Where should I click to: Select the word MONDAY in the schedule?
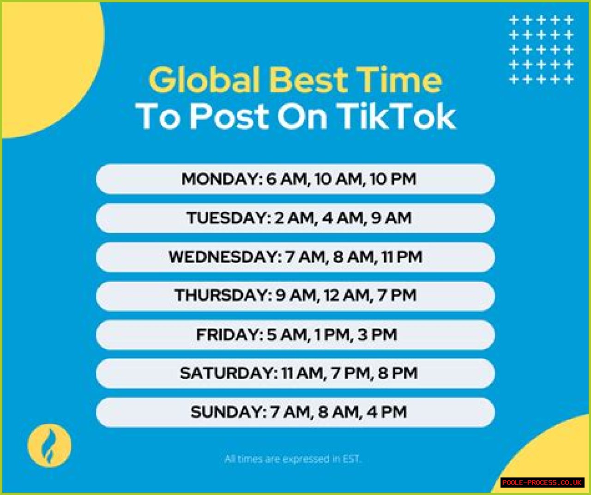pos(222,179)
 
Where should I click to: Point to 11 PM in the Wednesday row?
pos(402,257)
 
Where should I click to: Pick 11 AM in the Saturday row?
pos(302,373)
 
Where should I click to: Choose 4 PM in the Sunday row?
pos(386,412)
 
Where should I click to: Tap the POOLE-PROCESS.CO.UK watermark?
pos(542,482)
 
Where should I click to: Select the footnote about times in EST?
pos(293,459)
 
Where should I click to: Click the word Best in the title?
pos(308,79)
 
